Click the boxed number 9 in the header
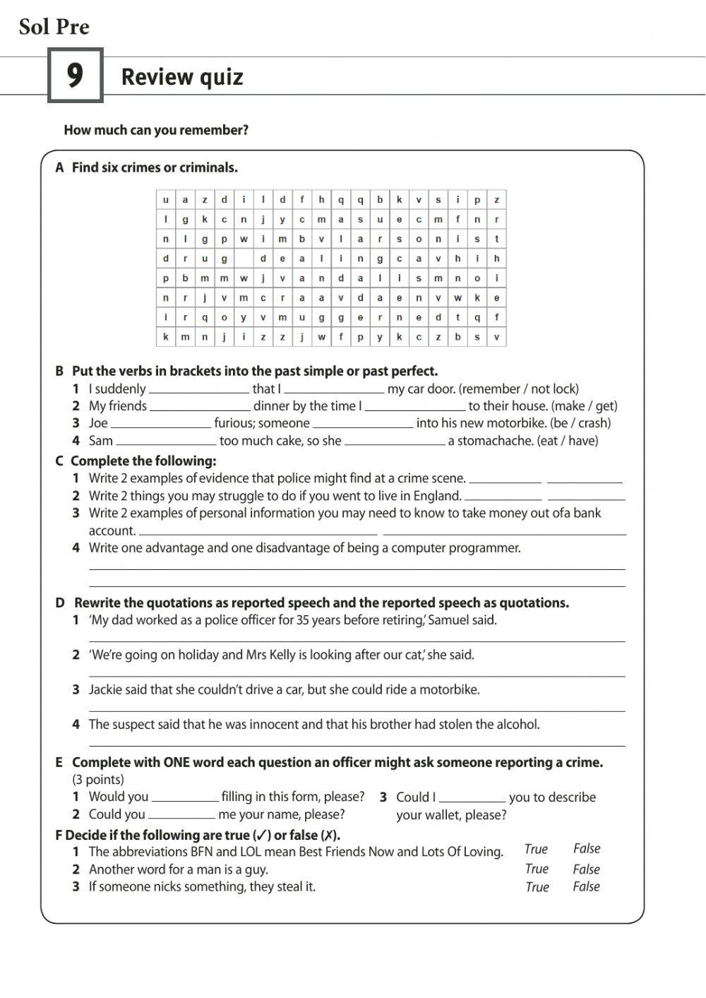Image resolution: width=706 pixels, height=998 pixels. pyautogui.click(x=75, y=76)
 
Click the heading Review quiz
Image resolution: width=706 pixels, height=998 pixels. pyautogui.click(x=182, y=77)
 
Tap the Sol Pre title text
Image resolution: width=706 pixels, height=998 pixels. pyautogui.click(x=54, y=27)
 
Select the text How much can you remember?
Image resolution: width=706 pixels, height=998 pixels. pyautogui.click(x=156, y=130)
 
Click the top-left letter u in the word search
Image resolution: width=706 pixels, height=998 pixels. pyautogui.click(x=166, y=200)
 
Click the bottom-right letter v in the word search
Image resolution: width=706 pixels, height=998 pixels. pyautogui.click(x=496, y=337)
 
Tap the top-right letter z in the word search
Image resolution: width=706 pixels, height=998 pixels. pyautogui.click(x=496, y=200)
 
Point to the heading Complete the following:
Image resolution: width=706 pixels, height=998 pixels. pyautogui.click(x=143, y=461)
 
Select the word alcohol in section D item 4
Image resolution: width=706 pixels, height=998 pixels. pyautogui.click(x=517, y=724)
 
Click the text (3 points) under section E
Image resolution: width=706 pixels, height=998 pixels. pyautogui.click(x=98, y=780)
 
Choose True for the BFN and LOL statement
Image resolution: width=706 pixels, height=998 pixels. pyautogui.click(x=536, y=849)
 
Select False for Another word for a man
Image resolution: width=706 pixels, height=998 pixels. pyautogui.click(x=586, y=869)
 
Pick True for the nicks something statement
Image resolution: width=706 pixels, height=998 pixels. pyautogui.click(x=537, y=887)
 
